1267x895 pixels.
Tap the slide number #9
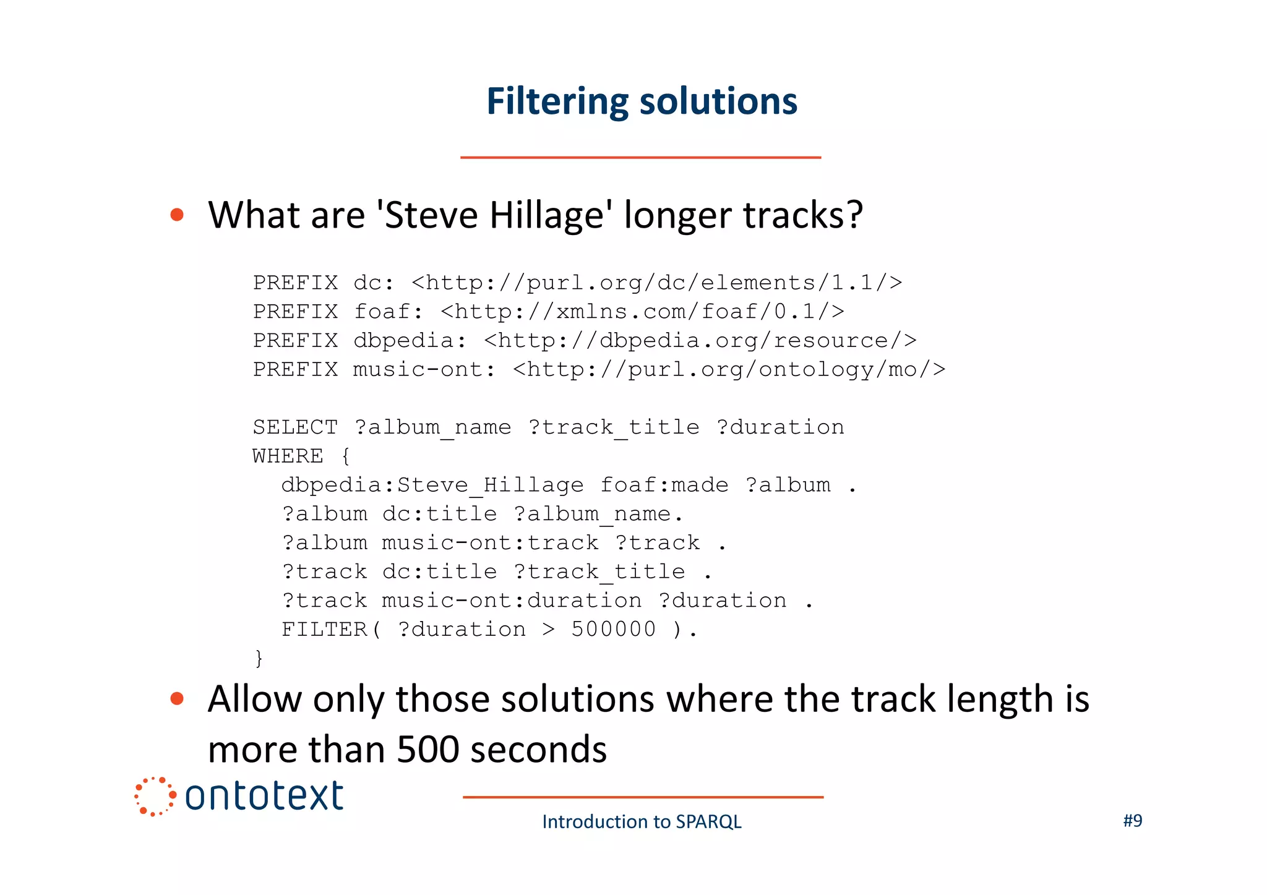(x=1132, y=821)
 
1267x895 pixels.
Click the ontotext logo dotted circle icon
(x=155, y=797)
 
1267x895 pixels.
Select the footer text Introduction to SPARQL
(x=642, y=821)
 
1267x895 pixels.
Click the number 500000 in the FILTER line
(x=612, y=629)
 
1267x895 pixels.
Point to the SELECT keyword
(x=295, y=427)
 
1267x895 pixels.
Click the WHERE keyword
(x=288, y=456)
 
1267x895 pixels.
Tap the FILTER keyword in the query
(x=324, y=629)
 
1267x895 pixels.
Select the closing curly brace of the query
(x=259, y=658)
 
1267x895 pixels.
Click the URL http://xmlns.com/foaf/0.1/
(x=642, y=312)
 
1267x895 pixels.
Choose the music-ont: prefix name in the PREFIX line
(x=424, y=370)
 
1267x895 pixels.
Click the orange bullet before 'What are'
(x=177, y=215)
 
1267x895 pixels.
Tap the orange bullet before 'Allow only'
(x=177, y=698)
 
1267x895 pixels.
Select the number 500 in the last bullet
(x=427, y=750)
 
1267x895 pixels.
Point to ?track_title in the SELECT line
(x=614, y=427)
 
